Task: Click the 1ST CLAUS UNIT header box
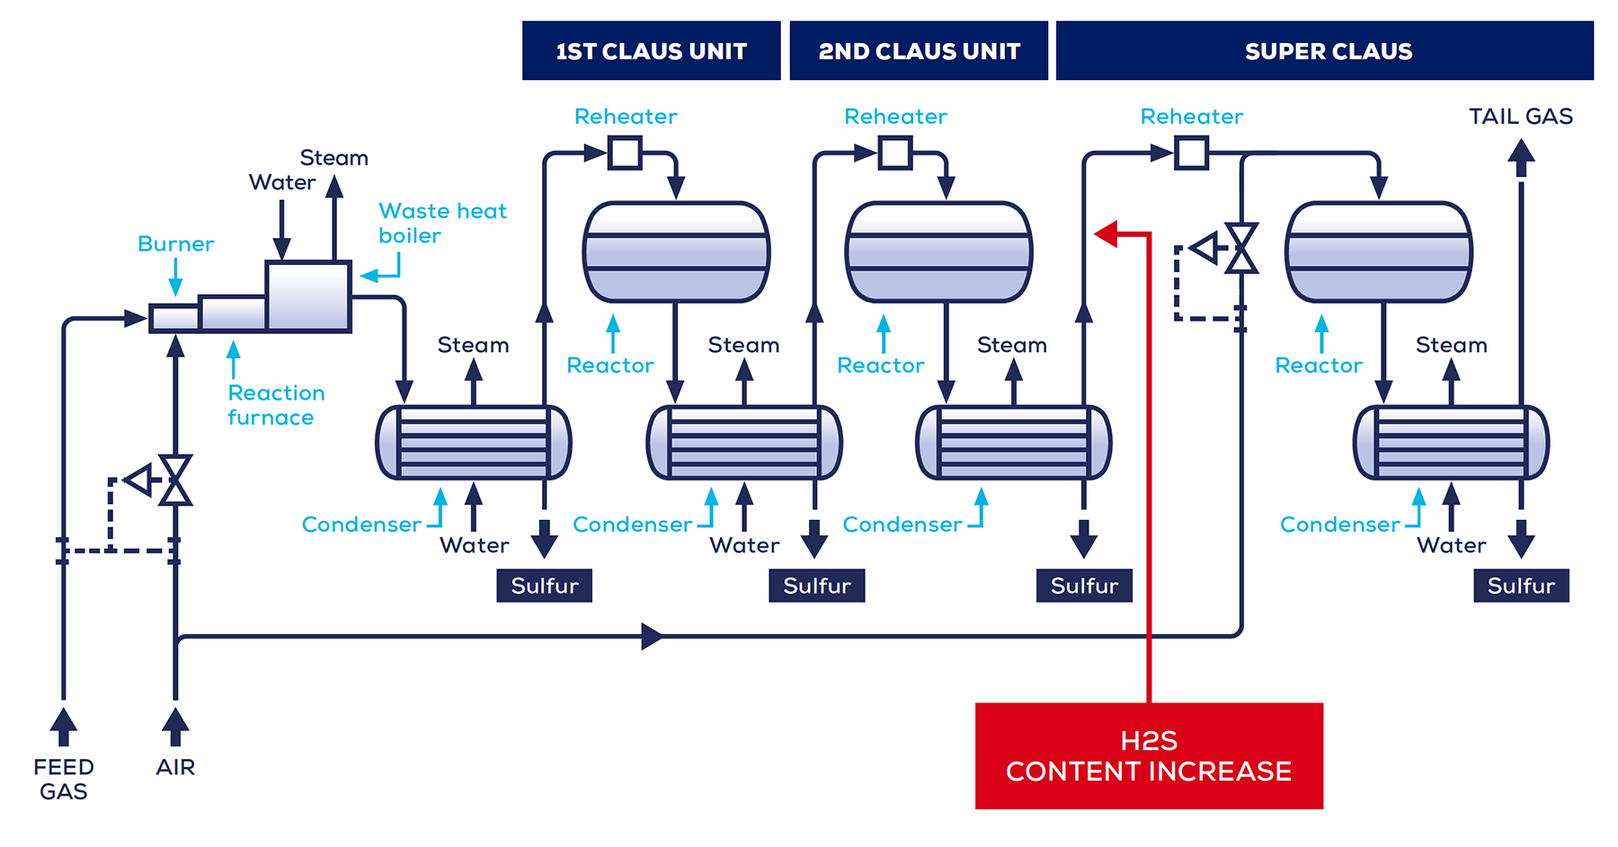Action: tap(651, 51)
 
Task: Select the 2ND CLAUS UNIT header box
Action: tap(918, 51)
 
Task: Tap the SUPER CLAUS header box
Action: tap(1324, 51)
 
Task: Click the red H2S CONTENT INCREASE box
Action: tap(1148, 755)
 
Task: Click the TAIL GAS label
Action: tap(1520, 117)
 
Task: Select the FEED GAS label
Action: tap(63, 779)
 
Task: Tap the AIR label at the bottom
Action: tap(175, 767)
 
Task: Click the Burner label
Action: tap(175, 244)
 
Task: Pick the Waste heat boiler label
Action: tap(441, 223)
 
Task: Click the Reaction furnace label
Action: tap(275, 405)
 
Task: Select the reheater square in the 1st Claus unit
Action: tap(625, 153)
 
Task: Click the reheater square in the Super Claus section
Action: tap(1191, 153)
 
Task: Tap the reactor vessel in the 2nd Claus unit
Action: tap(938, 252)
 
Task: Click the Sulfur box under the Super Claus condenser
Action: tap(1521, 586)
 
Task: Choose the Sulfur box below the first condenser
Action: tap(544, 586)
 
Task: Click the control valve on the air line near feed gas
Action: tap(174, 480)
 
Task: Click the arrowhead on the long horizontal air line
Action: tap(653, 637)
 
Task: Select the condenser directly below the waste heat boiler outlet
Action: tap(473, 443)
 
